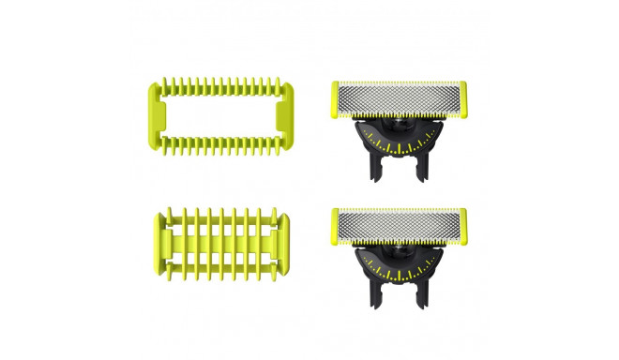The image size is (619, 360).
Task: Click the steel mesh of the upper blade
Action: [x=400, y=98]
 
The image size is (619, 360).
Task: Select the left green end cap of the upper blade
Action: [x=335, y=99]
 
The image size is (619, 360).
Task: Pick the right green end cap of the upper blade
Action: [x=465, y=99]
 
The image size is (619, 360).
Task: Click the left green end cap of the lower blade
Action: [x=335, y=224]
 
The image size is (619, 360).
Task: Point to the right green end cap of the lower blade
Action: [x=465, y=224]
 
